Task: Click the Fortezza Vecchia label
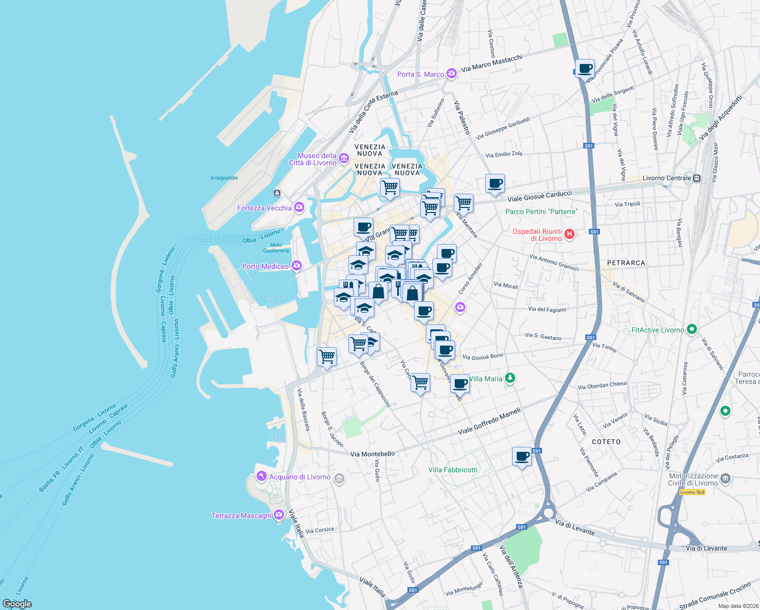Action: point(264,208)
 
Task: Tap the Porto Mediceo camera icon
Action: point(297,266)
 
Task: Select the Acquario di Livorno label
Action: point(299,477)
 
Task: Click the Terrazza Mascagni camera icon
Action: point(278,515)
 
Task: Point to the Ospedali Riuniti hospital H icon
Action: point(569,234)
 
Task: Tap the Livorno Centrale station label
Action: point(667,178)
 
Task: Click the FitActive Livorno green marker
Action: point(691,329)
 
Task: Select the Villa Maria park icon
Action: point(510,378)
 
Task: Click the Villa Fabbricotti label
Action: point(453,470)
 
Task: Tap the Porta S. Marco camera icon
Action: point(451,74)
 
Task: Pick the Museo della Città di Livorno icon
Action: point(344,159)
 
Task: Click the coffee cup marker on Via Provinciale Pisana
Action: point(585,68)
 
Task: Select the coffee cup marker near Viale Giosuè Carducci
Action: point(495,184)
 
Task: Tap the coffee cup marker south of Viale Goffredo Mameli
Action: point(522,456)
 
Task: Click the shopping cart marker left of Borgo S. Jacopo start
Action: point(327,356)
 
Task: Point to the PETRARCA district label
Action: point(626,263)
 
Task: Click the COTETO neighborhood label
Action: point(606,442)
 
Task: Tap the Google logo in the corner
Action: point(17,603)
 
